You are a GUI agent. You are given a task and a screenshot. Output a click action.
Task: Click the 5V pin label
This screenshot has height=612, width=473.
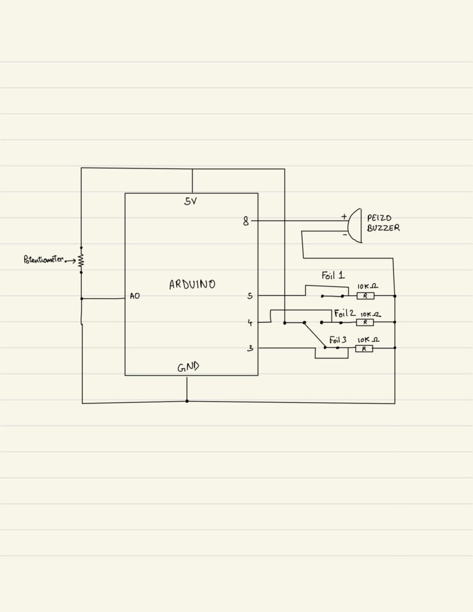(x=191, y=202)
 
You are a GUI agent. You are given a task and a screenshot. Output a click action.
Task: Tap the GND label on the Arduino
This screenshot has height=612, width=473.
(x=188, y=368)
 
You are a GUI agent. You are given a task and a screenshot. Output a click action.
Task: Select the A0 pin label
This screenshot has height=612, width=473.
(x=134, y=296)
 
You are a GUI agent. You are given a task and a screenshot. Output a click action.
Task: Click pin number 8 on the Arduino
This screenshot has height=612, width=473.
(x=245, y=222)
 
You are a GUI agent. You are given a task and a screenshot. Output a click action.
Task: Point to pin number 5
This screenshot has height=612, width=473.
(x=250, y=296)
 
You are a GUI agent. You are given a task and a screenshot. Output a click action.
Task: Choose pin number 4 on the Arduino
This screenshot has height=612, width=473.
(x=250, y=323)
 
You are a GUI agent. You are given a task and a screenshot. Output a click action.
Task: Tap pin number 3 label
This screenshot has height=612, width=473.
(x=250, y=348)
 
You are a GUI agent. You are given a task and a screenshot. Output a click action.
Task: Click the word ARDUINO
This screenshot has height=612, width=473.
(x=192, y=285)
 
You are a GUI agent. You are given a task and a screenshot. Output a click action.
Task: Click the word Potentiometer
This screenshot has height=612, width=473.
(x=43, y=260)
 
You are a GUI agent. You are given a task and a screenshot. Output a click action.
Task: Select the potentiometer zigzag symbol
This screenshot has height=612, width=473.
(x=81, y=260)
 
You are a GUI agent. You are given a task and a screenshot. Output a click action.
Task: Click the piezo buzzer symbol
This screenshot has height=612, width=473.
(x=355, y=226)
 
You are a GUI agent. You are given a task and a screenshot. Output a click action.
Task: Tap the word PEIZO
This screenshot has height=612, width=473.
(x=379, y=219)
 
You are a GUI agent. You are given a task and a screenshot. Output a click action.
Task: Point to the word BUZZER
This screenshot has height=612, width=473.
(x=383, y=228)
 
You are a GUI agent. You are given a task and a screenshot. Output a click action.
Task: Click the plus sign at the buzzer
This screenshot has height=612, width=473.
(x=343, y=216)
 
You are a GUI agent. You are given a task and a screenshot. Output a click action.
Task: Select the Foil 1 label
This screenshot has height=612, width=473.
(x=333, y=276)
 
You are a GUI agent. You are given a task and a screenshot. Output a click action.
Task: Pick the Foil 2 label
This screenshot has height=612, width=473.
(x=345, y=313)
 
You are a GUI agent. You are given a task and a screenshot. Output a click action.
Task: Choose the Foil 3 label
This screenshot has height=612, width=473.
(x=338, y=340)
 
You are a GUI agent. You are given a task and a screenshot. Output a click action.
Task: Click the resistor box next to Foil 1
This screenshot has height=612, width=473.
(x=365, y=295)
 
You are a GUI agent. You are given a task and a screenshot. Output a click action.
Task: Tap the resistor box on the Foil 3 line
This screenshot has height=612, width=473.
(x=364, y=348)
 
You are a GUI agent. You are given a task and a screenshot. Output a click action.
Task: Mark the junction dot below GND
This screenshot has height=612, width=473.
(x=187, y=401)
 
